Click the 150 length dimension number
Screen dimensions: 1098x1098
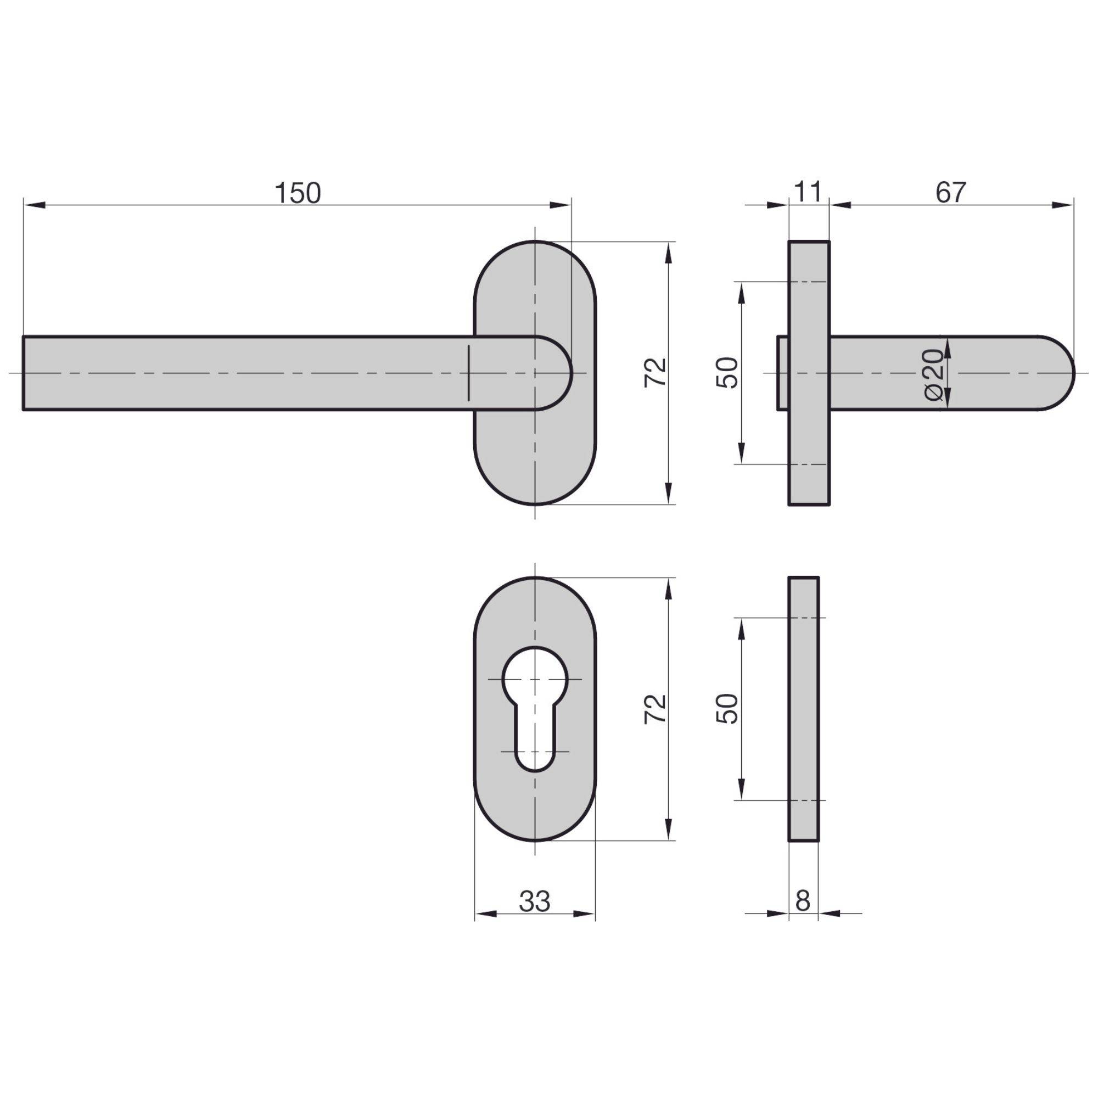(298, 193)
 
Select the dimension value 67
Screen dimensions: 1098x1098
(951, 193)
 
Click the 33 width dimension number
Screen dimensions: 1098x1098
(534, 901)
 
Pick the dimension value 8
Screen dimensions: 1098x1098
(803, 901)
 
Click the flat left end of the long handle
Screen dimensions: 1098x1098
(24, 373)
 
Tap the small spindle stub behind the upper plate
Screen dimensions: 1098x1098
(782, 373)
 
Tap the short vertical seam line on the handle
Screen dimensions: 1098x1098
(469, 373)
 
